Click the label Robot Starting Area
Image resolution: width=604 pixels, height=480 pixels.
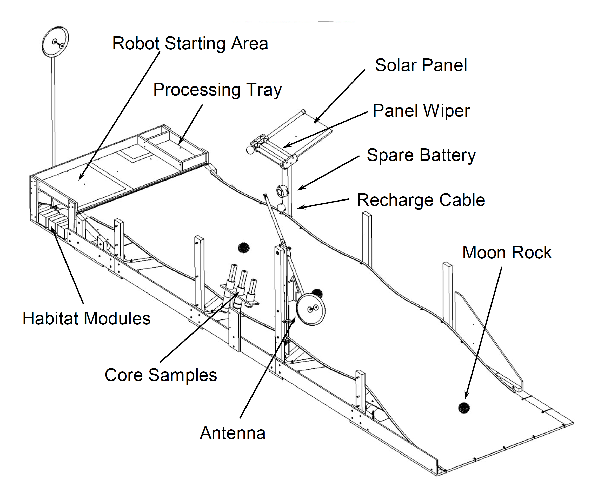point(190,43)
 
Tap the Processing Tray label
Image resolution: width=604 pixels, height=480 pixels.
point(217,90)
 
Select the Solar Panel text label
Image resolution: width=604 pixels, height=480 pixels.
point(421,65)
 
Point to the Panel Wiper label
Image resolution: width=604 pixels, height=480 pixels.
point(421,111)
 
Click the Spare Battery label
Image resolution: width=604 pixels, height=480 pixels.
point(421,155)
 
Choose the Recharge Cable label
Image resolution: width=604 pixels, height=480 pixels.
point(421,200)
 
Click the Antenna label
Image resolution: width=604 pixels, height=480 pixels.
point(233,433)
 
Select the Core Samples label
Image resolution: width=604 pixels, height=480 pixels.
point(161,375)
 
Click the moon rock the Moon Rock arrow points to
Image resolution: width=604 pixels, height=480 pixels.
point(464,408)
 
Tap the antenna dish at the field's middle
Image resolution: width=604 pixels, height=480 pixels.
point(310,309)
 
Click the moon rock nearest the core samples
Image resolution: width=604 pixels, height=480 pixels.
point(244,248)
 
